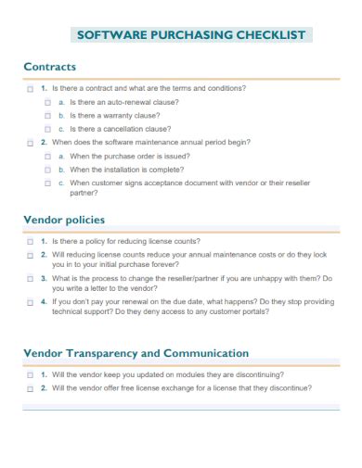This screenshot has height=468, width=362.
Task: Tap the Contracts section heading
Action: [x=49, y=67]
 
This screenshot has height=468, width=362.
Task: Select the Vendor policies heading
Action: [x=64, y=220]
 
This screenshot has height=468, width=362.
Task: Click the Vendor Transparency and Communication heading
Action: [x=136, y=353]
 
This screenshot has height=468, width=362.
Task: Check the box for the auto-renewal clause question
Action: [x=48, y=102]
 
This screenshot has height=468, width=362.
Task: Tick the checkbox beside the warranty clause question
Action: [x=48, y=116]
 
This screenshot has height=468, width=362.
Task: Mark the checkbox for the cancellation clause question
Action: [x=48, y=130]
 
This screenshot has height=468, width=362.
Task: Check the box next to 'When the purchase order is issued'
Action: [x=48, y=157]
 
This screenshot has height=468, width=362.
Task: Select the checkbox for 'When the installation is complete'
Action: [x=48, y=171]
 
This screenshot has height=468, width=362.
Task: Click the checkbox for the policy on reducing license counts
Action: [x=30, y=241]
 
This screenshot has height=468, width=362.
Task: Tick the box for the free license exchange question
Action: [x=30, y=389]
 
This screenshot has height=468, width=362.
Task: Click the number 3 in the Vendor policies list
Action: [x=43, y=278]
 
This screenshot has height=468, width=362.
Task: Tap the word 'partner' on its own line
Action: [x=84, y=194]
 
